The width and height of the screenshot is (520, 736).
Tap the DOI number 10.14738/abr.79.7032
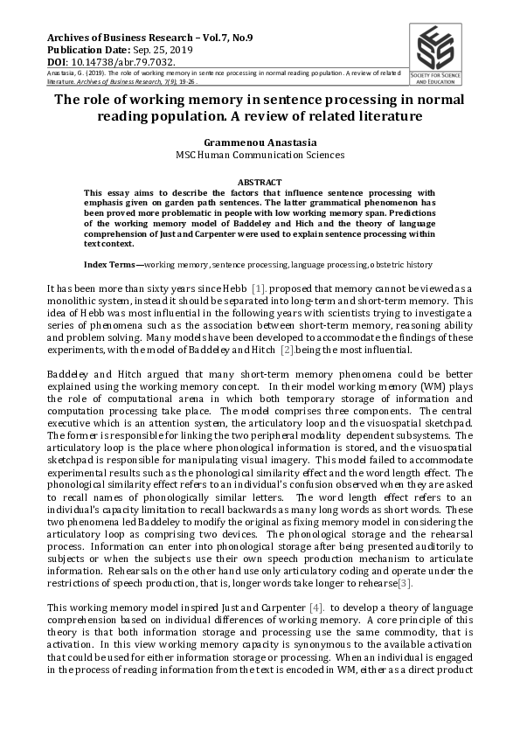(114, 63)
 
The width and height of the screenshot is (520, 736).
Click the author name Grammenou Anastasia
(260, 140)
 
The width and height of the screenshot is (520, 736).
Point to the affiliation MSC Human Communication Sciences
(260, 154)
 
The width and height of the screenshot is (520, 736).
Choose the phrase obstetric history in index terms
(403, 240)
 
